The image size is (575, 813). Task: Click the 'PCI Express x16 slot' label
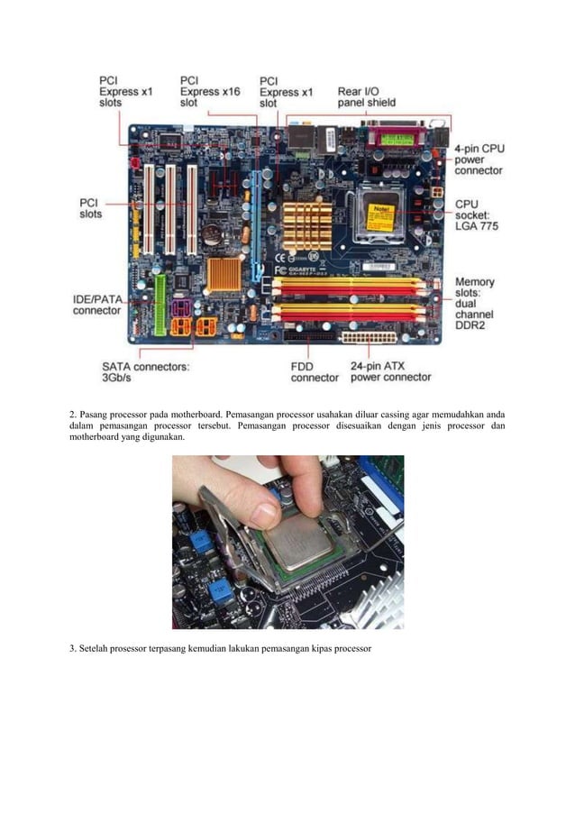(209, 92)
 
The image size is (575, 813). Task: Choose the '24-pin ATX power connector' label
(389, 372)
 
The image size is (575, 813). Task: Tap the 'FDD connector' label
(315, 372)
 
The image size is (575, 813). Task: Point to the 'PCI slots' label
(91, 208)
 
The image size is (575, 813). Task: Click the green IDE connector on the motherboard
(160, 305)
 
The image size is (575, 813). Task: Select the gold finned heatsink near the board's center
(306, 227)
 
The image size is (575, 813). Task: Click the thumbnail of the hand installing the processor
(287, 541)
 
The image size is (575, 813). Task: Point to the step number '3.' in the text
(73, 649)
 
